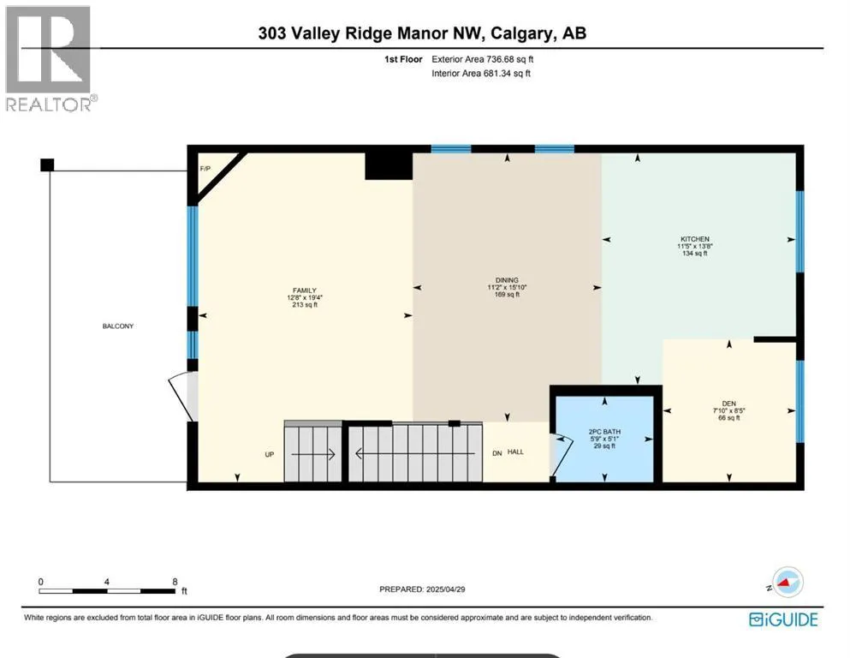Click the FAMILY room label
pyautogui.click(x=304, y=290)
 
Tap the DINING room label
pyautogui.click(x=507, y=280)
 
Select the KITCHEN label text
pyautogui.click(x=695, y=239)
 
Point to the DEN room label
pyautogui.click(x=729, y=404)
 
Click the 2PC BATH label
pyautogui.click(x=604, y=432)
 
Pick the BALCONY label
pyautogui.click(x=117, y=326)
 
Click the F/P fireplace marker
pyautogui.click(x=205, y=169)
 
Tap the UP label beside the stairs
pyautogui.click(x=270, y=455)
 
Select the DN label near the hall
pyautogui.click(x=497, y=453)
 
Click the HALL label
pyautogui.click(x=515, y=452)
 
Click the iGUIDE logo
pyautogui.click(x=783, y=619)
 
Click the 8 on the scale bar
pyautogui.click(x=175, y=582)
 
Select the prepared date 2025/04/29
pyautogui.click(x=446, y=589)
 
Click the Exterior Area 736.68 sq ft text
pyautogui.click(x=483, y=59)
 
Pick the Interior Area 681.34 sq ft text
pyautogui.click(x=481, y=73)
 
